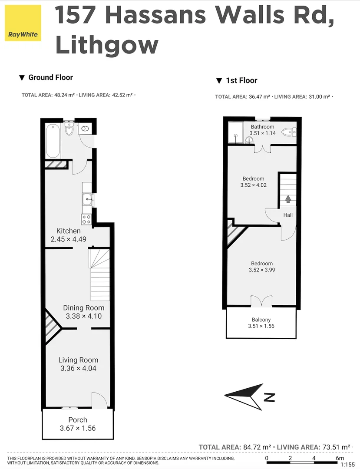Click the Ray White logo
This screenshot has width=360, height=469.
[x=23, y=23]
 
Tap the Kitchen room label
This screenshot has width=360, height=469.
[x=69, y=231]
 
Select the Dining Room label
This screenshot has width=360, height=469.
[x=83, y=308]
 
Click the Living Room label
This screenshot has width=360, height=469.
[x=78, y=360]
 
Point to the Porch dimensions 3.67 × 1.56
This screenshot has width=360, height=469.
[x=78, y=428]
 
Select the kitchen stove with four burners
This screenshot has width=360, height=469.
[x=86, y=219]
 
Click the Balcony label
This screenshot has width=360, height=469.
[x=261, y=320]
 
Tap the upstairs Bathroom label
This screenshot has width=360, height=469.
[x=262, y=127]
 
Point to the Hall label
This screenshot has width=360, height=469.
[x=288, y=215]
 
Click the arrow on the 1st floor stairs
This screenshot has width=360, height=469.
[x=288, y=199]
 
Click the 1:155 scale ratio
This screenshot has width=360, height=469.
[x=347, y=465]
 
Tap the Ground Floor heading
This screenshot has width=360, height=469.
[x=50, y=77]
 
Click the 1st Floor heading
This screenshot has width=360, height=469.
[x=241, y=80]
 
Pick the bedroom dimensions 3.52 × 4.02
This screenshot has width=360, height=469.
[x=253, y=185]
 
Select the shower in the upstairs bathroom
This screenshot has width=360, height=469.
[x=235, y=132]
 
